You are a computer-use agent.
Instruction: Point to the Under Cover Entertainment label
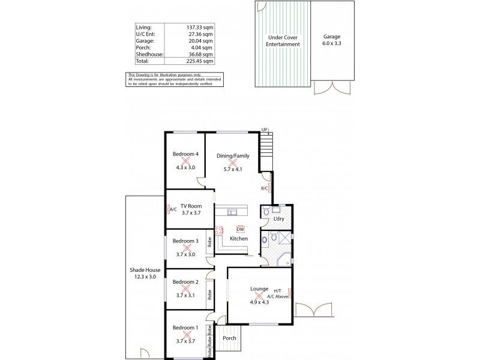coord(283,40)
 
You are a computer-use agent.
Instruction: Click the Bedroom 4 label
coord(185,154)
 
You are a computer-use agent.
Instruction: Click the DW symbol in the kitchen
coord(240,229)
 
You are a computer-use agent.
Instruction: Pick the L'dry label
coord(278,219)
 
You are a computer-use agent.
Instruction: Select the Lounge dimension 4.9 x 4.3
coord(259,302)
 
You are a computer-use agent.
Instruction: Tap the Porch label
coord(229,338)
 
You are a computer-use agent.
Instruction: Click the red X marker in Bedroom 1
coord(185,335)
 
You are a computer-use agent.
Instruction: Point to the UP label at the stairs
coord(264,129)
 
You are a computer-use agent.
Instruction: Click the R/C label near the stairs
coord(264,188)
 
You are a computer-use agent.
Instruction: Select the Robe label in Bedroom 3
coord(209,243)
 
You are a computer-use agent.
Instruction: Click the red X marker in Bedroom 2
coord(185,289)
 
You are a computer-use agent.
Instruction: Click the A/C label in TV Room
coord(173,211)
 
